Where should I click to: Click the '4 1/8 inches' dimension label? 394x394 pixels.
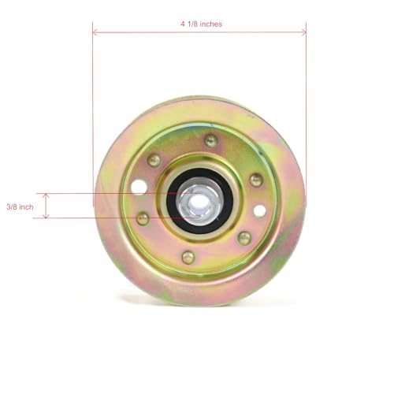pos(200,24)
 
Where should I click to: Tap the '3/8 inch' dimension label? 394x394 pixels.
pos(20,206)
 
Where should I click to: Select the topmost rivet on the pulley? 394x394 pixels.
pos(210,140)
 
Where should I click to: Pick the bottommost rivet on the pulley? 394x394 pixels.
pos(188,257)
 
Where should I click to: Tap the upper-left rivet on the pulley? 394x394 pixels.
pos(154,160)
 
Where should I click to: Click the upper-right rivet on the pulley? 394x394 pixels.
pos(255,180)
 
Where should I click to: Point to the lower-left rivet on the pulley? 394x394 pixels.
pos(143,218)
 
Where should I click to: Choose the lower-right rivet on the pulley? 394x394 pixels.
pos(244,237)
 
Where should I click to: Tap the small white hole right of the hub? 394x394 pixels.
pos(259,210)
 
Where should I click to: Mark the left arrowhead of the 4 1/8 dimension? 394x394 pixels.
pos(95,33)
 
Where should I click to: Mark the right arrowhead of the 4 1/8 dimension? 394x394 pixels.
pos(303,33)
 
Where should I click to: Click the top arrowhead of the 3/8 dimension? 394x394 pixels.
pos(46,196)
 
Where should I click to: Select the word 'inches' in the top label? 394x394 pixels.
pos(210,24)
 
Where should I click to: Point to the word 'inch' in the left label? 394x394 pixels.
pos(27,206)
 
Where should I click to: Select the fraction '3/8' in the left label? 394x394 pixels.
pos(11,206)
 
